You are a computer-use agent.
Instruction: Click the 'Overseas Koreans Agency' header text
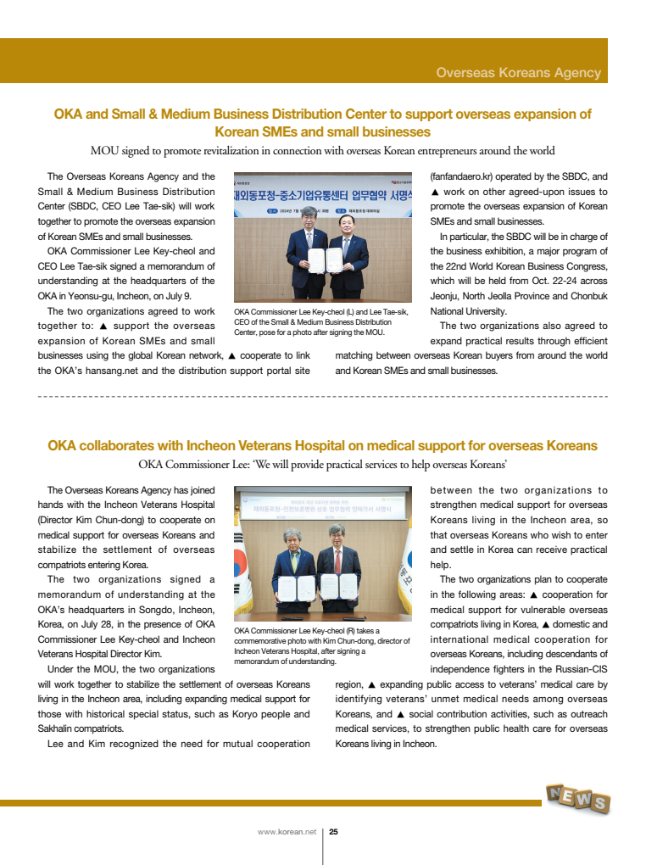pos(518,73)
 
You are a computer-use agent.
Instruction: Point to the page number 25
pos(333,832)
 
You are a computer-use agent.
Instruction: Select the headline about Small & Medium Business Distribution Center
pos(322,123)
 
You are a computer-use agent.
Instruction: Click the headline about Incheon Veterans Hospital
pos(322,446)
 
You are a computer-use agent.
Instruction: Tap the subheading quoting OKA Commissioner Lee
pos(322,464)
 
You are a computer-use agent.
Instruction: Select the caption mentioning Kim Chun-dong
pos(320,645)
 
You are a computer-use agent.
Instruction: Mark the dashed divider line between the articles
pos(322,396)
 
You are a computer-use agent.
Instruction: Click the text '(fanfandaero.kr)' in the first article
pos(468,176)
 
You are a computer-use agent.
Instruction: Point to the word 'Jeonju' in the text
pos(448,296)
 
